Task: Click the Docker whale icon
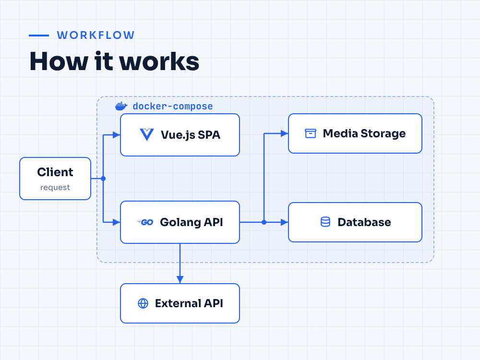(121, 106)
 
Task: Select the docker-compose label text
(173, 106)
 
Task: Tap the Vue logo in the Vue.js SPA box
(146, 135)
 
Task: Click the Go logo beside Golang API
(145, 222)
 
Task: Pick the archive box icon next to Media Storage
(311, 133)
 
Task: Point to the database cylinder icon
(325, 222)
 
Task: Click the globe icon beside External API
(143, 303)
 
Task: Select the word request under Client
(55, 187)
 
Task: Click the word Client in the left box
(55, 172)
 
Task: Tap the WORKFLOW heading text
(96, 35)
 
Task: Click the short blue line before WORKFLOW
(39, 36)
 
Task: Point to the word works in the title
(159, 61)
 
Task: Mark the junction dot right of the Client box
(103, 179)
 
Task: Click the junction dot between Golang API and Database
(264, 222)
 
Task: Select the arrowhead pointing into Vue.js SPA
(117, 135)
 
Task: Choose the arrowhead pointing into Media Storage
(285, 133)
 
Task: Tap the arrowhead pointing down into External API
(180, 279)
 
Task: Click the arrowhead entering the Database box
(285, 222)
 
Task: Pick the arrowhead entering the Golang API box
(117, 222)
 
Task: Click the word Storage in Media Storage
(383, 134)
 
